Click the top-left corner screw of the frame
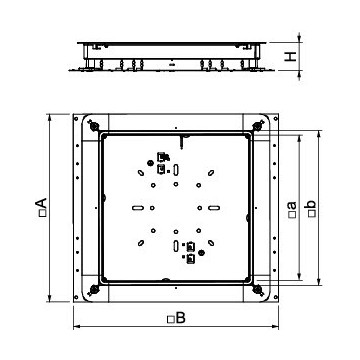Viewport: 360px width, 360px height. pyautogui.click(x=93, y=127)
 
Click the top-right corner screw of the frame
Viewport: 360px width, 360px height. pyautogui.click(x=260, y=127)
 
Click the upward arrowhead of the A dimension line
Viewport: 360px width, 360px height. pyautogui.click(x=49, y=118)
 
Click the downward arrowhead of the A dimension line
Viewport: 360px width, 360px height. pyautogui.click(x=49, y=299)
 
